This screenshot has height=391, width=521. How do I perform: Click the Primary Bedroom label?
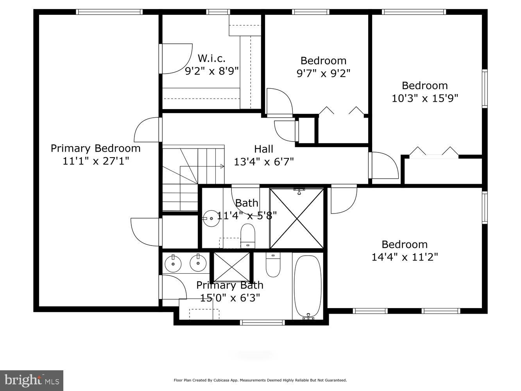point(95,149)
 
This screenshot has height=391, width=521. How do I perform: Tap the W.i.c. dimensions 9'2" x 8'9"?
point(211,71)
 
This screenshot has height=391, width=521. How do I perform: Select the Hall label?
point(263,149)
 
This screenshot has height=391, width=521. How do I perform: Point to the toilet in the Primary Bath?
point(273,265)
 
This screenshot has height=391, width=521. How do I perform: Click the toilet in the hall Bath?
point(247,235)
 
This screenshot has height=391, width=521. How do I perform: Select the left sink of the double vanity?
point(173,264)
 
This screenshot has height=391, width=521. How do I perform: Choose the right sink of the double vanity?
point(198,263)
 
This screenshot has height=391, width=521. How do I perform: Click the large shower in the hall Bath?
point(297,218)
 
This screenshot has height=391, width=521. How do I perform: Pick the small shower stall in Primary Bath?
point(231,267)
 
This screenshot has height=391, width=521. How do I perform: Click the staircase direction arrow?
point(222,167)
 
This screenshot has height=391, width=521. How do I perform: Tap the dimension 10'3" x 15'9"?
point(425,98)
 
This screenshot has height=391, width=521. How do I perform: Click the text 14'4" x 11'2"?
point(405,257)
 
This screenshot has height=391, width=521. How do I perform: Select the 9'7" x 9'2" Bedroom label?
point(323,61)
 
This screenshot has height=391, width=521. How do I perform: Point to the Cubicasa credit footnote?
point(260,380)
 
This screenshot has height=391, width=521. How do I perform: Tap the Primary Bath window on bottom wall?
point(262,322)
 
